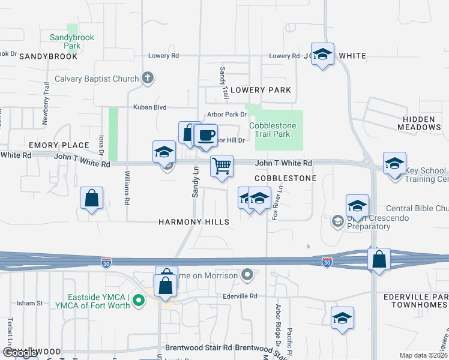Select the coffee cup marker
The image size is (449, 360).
coord(206,135)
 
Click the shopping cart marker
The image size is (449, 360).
coord(221,166)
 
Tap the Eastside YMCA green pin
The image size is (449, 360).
coord(139,299)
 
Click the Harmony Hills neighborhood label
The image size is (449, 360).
coord(194,222)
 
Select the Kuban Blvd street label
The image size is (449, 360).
coord(151,107)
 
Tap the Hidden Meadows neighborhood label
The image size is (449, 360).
coord(418,124)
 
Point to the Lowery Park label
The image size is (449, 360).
coord(261,90)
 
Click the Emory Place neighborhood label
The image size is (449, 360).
coord(59,145)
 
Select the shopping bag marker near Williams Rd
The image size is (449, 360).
coord(91,198)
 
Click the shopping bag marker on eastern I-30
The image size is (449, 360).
coord(379,259)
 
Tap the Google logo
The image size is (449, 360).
coord(20,353)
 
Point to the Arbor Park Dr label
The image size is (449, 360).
coord(226,115)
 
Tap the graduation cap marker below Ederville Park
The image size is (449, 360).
coord(342,318)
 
